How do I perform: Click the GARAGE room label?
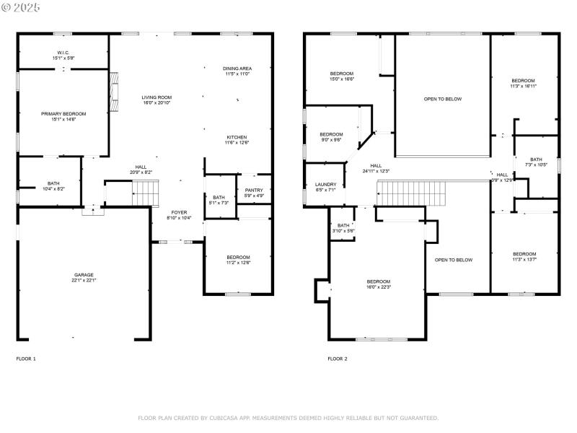[x=84, y=275]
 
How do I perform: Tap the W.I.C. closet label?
[x=63, y=53]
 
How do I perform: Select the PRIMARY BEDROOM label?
[x=63, y=114]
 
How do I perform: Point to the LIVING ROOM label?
[x=157, y=97]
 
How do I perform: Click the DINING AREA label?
[x=237, y=68]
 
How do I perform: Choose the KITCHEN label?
[x=237, y=137]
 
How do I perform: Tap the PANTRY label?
[x=255, y=191]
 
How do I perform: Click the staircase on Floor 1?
[x=145, y=193]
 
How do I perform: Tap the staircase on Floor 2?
[x=404, y=193]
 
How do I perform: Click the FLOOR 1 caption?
[x=26, y=359]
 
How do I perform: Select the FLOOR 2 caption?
[x=338, y=359]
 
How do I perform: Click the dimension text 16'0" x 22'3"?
[x=378, y=287]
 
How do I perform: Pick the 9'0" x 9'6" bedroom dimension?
[x=331, y=139]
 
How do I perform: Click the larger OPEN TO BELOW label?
[x=443, y=99]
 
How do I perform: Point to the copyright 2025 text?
[x=22, y=6]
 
